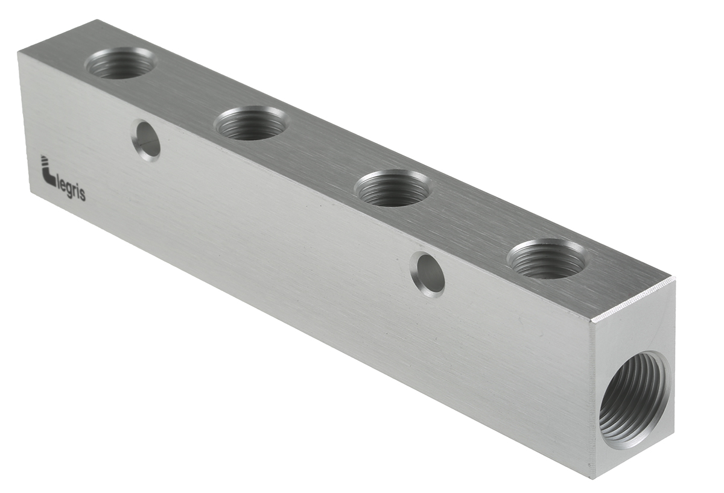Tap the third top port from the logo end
click(x=394, y=188)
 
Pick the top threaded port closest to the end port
click(x=547, y=258)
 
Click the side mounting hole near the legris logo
click(x=146, y=140)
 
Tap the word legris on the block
click(x=72, y=192)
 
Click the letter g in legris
click(x=69, y=193)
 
